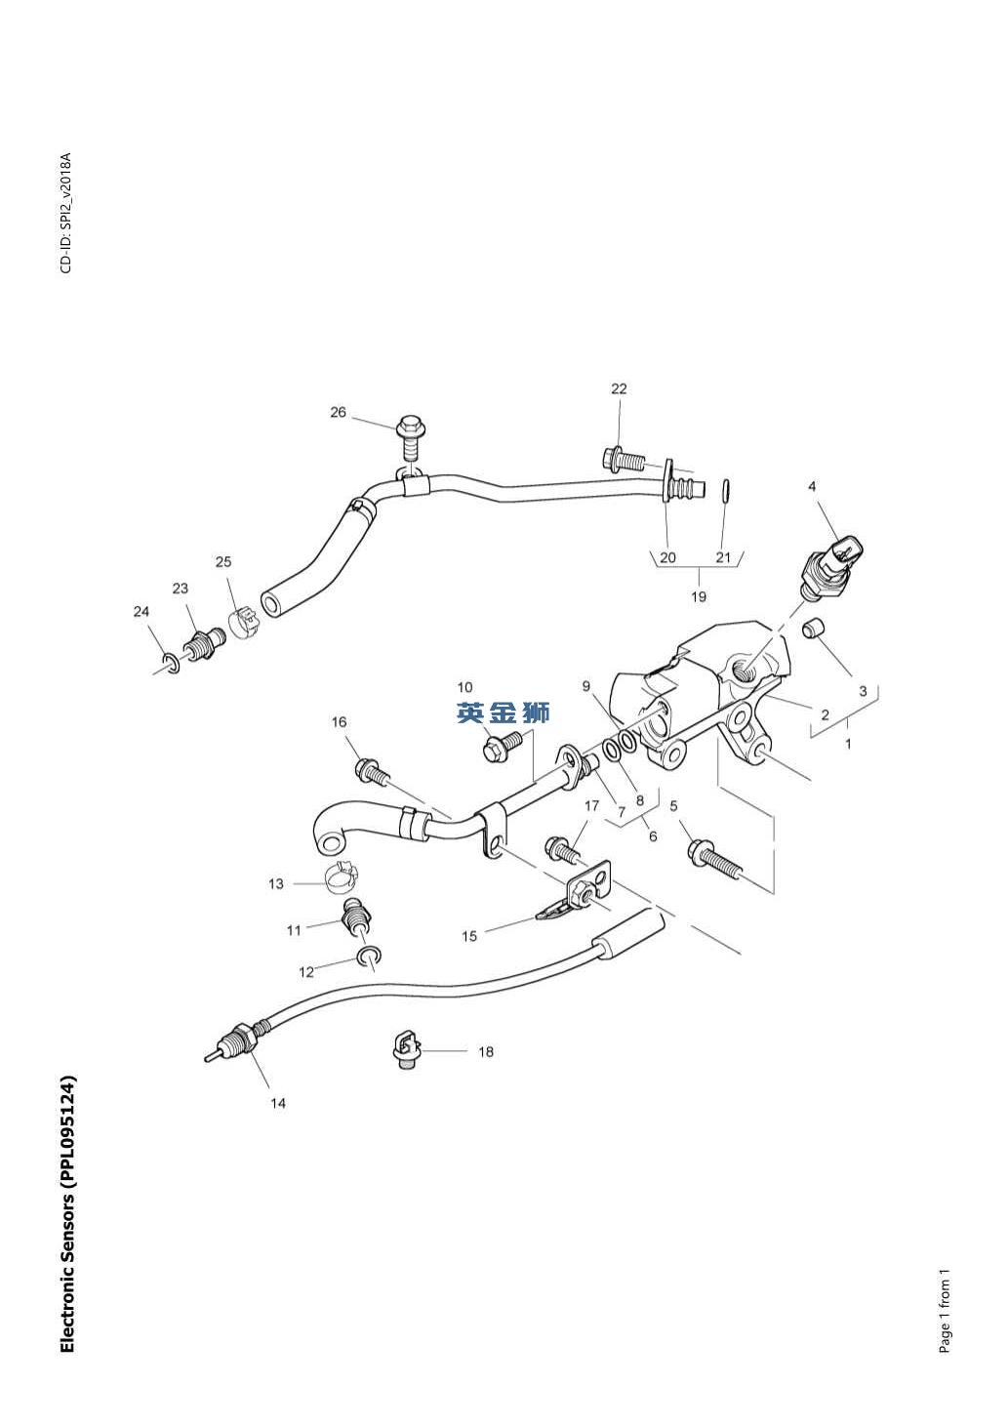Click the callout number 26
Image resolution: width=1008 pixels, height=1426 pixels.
(338, 412)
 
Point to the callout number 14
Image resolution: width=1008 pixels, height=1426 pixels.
(278, 1103)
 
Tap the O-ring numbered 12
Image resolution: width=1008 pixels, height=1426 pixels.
(369, 955)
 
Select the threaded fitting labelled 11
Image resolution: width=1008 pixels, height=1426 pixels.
(356, 917)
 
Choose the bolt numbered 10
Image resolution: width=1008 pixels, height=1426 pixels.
(500, 747)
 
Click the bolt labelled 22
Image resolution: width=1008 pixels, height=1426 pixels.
(623, 457)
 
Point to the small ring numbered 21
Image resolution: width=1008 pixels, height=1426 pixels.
(727, 489)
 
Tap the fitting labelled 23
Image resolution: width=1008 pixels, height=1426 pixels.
(204, 645)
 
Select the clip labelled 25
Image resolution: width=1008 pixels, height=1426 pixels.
(243, 622)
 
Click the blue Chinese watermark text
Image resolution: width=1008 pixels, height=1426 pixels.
(504, 713)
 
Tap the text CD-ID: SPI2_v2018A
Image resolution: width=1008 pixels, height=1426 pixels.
(65, 214)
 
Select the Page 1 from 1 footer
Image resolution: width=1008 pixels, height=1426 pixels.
(944, 1311)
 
